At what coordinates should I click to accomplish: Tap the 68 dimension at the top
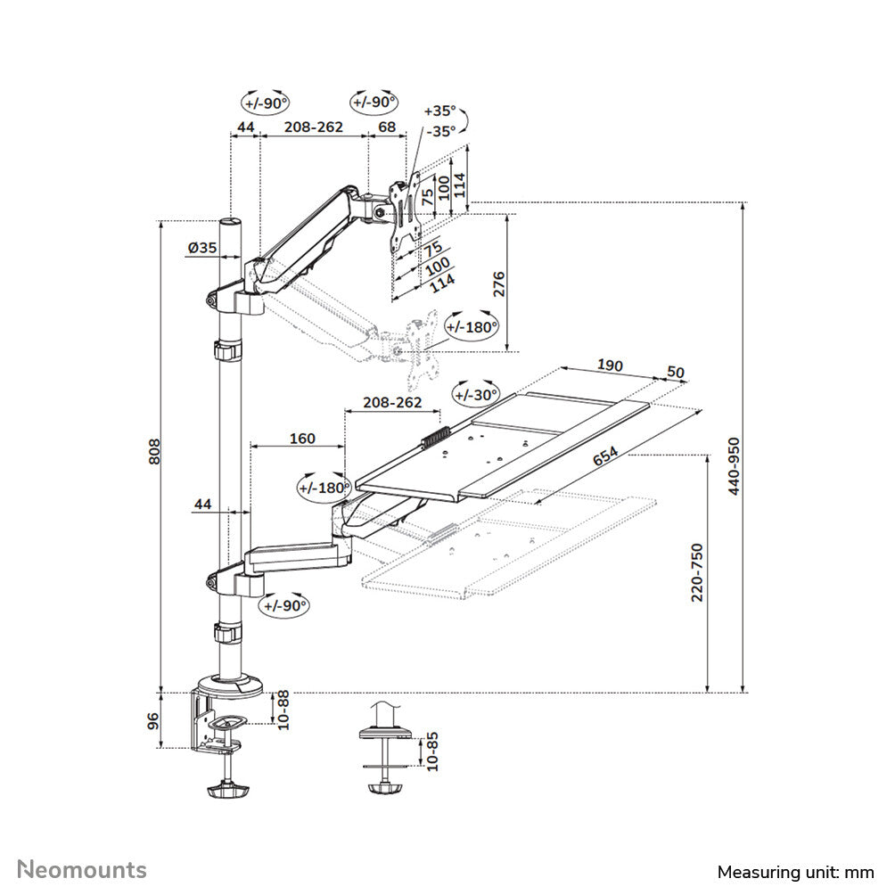tap(387, 127)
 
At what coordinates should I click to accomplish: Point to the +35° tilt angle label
tap(439, 111)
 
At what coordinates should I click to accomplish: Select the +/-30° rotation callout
tap(478, 394)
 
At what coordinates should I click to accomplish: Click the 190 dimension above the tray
tap(610, 365)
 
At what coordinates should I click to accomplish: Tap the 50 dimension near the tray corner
tap(676, 371)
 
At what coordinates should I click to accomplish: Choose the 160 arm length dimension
tap(302, 439)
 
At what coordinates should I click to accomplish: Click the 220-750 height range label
tap(698, 572)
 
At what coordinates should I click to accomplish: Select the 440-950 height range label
tap(734, 466)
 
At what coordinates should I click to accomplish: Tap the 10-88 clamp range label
tap(283, 710)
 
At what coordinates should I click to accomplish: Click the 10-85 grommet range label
tap(432, 751)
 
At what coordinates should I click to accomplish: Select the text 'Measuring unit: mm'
tap(795, 871)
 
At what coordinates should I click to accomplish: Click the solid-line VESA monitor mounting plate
tap(406, 209)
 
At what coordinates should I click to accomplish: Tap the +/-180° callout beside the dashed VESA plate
tap(472, 327)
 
